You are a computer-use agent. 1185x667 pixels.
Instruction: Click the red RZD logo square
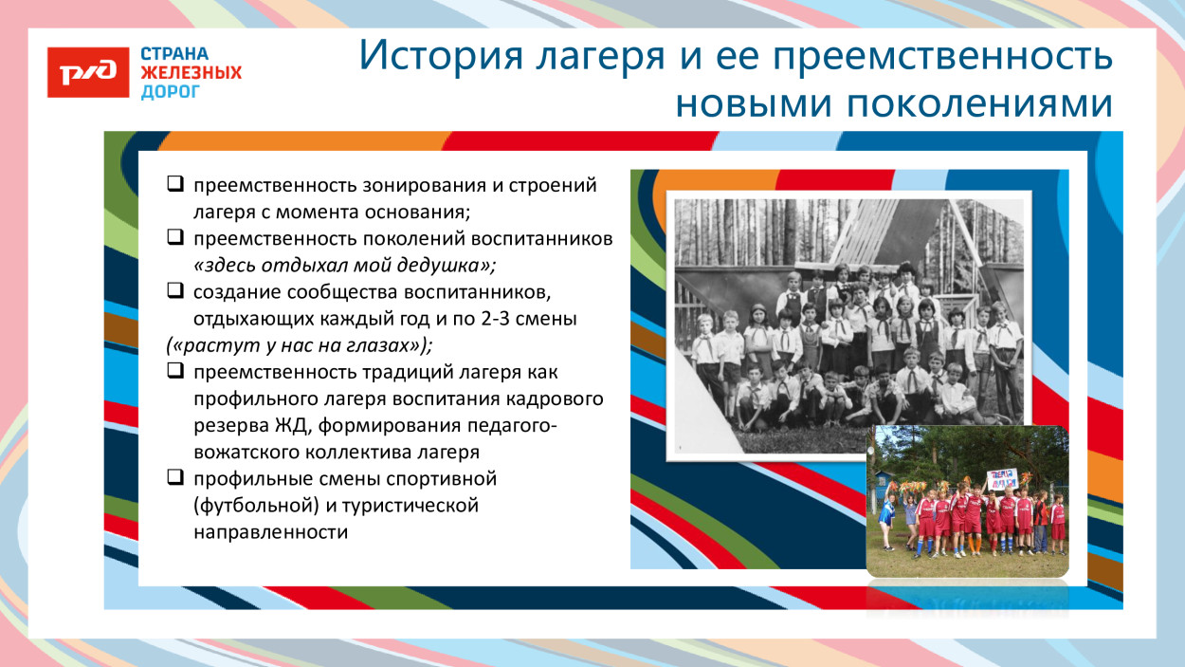coord(88,72)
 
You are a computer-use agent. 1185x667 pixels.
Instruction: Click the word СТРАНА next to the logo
coord(174,54)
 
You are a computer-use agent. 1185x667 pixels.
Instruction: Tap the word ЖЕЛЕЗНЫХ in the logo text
coord(191,73)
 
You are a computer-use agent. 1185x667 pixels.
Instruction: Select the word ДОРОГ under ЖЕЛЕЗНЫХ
coord(171,92)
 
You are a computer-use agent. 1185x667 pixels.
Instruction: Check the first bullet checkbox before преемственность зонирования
coord(175,185)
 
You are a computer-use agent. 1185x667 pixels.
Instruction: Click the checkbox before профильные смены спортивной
coord(175,478)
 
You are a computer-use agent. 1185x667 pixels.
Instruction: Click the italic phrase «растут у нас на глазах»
coord(295,344)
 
